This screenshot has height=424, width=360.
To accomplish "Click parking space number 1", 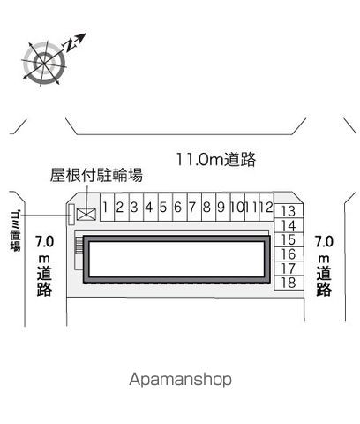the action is (107, 207).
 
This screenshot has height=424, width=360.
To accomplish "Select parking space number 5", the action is (165, 207).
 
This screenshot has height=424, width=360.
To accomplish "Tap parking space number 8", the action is (209, 207).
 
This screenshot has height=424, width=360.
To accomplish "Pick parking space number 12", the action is (266, 207).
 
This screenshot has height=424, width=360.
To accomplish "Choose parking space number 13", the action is (289, 211).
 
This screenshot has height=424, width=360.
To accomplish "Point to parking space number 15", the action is (289, 239).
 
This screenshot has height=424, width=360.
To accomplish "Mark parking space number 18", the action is (289, 283).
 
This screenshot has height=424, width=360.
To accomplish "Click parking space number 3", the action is (136, 207).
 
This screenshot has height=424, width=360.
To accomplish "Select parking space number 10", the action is (237, 207).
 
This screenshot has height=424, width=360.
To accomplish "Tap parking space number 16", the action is (289, 254).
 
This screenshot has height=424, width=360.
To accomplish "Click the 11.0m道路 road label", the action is (216, 159).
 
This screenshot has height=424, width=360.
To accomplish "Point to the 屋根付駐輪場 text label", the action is (96, 175).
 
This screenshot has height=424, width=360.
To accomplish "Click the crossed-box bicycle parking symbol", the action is (86, 214).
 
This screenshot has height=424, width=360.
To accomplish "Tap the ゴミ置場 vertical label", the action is (15, 231).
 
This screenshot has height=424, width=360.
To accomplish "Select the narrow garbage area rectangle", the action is (71, 214).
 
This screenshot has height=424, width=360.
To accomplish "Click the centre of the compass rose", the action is (44, 63).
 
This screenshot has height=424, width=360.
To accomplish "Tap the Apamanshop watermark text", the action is (180, 379).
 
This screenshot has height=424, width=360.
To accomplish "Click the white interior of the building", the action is (176, 259).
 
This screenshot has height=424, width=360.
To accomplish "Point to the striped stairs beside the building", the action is (79, 246).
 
